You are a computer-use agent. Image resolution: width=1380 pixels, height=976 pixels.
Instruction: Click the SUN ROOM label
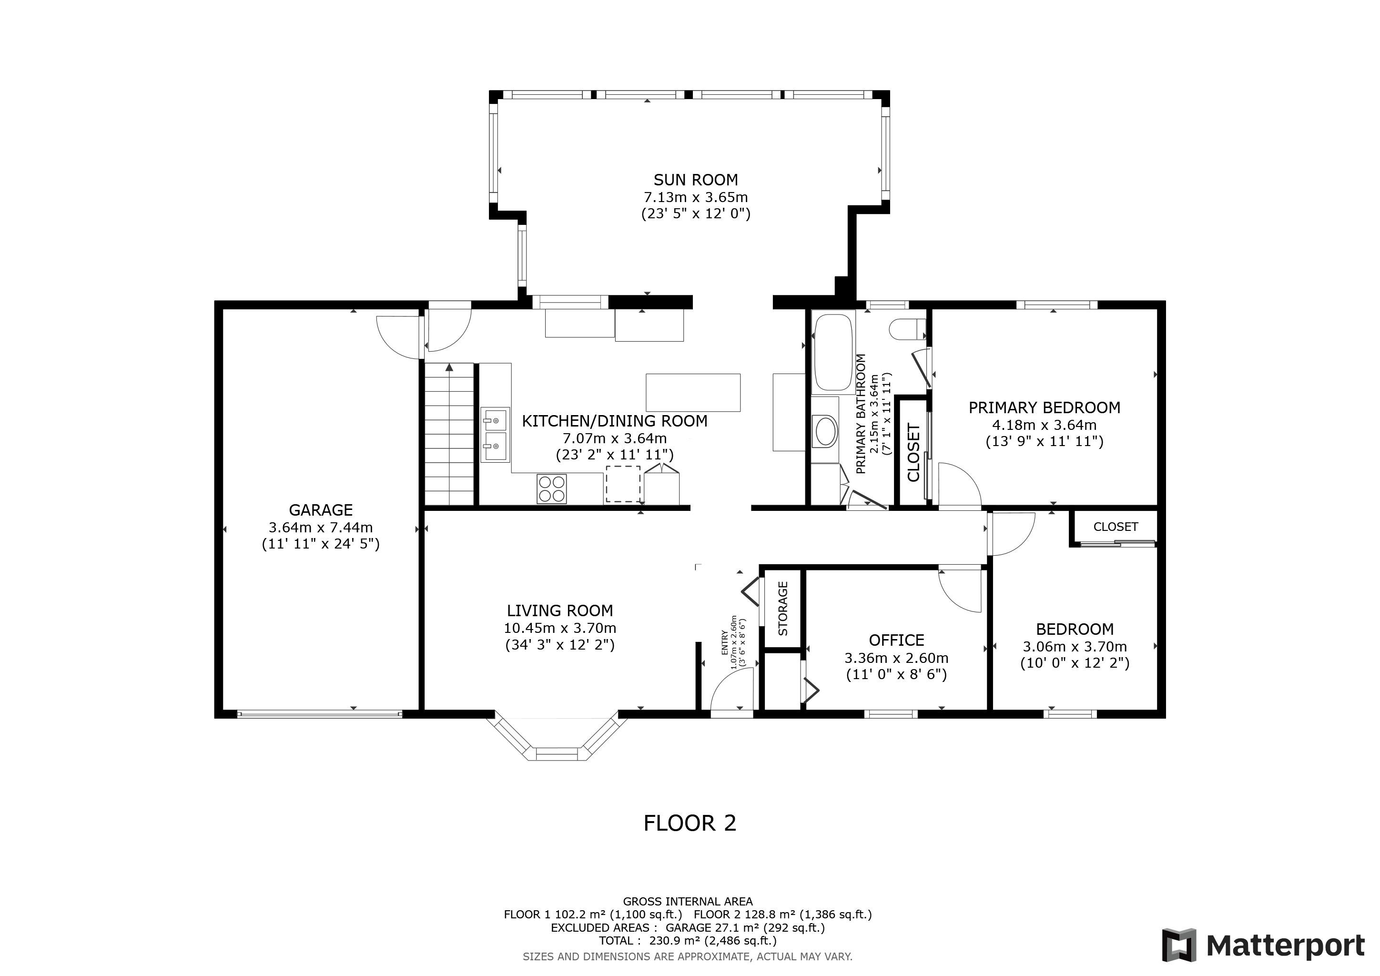(x=695, y=180)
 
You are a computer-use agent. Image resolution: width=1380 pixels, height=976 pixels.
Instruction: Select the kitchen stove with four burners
(x=552, y=488)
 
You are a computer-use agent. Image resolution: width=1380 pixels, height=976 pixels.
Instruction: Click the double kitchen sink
(x=495, y=435)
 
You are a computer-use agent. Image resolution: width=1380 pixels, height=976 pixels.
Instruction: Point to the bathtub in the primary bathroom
(x=832, y=352)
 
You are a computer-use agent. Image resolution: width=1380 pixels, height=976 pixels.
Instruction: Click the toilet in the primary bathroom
(x=907, y=329)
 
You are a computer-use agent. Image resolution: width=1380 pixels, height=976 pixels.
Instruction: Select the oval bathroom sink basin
(x=825, y=431)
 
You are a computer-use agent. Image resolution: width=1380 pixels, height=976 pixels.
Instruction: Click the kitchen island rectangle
(x=693, y=392)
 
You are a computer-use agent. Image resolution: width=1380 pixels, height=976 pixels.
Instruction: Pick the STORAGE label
(x=782, y=608)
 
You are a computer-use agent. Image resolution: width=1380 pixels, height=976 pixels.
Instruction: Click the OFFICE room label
(x=896, y=640)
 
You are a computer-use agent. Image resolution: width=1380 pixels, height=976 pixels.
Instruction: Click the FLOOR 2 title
(x=690, y=823)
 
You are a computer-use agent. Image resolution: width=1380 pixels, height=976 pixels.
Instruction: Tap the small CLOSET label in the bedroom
(x=1116, y=527)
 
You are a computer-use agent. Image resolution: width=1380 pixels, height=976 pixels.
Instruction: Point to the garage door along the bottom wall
(x=320, y=714)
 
